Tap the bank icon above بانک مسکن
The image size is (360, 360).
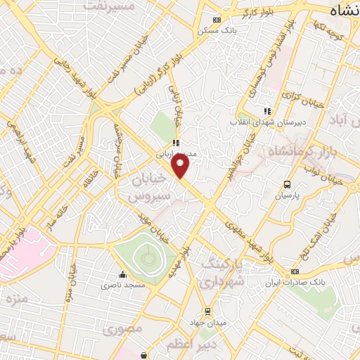click(217, 20)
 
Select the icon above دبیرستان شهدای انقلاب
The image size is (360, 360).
click(266, 110)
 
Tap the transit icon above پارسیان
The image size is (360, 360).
click(287, 184)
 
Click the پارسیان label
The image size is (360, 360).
click(287, 196)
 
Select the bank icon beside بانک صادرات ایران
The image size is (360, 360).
click(295, 272)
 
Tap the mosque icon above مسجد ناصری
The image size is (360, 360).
click(123, 274)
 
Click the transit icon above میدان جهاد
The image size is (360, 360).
click(207, 311)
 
